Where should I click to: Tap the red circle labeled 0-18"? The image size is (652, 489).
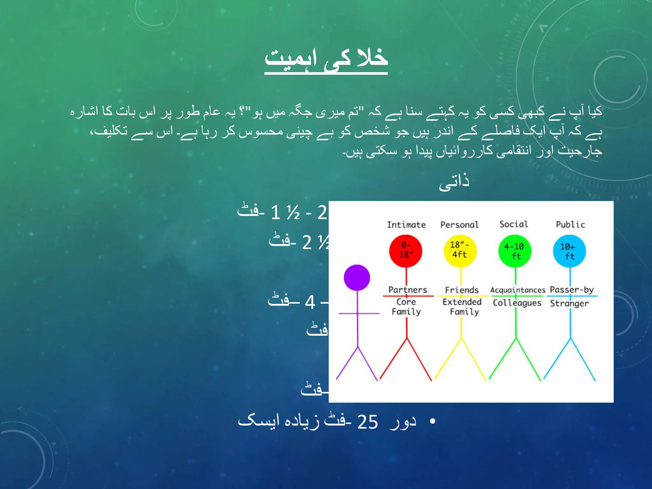(x=406, y=251)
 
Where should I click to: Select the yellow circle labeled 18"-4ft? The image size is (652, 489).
(x=460, y=251)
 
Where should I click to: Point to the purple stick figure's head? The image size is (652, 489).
(x=357, y=278)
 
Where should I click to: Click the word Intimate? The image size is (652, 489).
(x=406, y=225)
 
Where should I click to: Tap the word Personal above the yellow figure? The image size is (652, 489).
(x=459, y=225)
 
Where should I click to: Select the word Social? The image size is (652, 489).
(x=514, y=224)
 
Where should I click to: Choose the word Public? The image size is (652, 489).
(x=570, y=224)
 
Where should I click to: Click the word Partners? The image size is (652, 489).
(x=407, y=290)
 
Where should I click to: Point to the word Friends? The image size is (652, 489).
(x=462, y=290)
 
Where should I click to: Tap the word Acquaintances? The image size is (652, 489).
(x=518, y=290)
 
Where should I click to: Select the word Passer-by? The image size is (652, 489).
(x=571, y=290)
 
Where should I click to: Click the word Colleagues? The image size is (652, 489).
(x=517, y=303)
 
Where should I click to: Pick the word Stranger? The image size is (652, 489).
(x=569, y=303)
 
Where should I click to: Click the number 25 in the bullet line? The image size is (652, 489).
(x=367, y=422)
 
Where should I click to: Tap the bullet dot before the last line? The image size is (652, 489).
(x=432, y=422)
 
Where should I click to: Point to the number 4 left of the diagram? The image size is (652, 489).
(x=310, y=302)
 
